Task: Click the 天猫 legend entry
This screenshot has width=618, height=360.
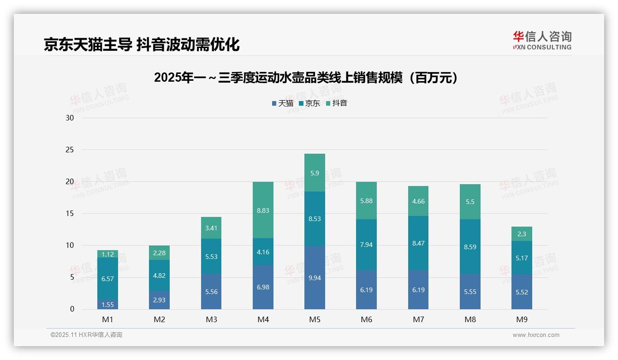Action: pos(283,103)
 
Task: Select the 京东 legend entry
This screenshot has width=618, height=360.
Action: pos(309,103)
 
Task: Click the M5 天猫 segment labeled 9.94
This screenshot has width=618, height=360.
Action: pos(315,277)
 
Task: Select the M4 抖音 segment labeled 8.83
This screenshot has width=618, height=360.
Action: pos(263,210)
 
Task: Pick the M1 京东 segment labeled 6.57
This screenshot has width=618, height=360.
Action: pos(107,278)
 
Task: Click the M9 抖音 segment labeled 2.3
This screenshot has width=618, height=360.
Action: pos(522,234)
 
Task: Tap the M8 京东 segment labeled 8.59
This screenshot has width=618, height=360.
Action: pos(470,246)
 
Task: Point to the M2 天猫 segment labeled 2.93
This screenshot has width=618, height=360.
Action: pos(159,300)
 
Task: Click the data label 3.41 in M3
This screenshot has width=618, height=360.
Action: pos(211,228)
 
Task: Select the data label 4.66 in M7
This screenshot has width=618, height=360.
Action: pos(418,201)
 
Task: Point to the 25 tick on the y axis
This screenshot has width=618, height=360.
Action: pos(70,150)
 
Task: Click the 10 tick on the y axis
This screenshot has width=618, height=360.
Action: pos(70,246)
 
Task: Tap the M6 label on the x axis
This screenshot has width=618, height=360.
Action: pos(367,319)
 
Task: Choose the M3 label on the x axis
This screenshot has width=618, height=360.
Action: pos(211,319)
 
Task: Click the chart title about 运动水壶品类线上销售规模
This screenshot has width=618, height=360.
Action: pos(308,78)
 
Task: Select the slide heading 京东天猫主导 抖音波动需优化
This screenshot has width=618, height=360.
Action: pos(142,45)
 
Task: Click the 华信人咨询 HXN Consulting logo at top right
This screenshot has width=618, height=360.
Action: pos(542,40)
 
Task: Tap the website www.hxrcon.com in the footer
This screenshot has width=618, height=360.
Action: pos(536,335)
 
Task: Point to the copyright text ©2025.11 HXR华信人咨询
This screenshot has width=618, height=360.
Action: pos(86,335)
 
